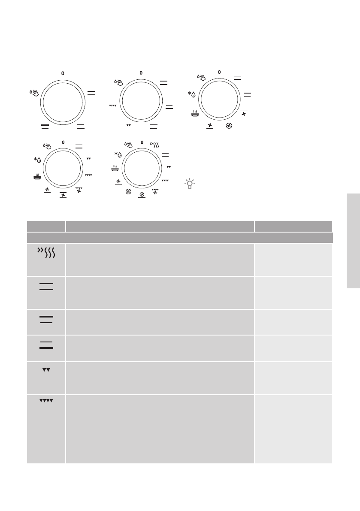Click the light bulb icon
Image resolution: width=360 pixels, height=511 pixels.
point(189,184)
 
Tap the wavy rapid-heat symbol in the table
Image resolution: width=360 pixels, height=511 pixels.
point(46,253)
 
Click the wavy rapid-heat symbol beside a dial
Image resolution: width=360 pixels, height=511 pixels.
point(154,144)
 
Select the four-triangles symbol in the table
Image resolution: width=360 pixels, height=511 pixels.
point(46,401)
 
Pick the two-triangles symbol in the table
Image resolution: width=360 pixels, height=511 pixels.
point(46,369)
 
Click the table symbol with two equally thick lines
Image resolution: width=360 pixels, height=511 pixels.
point(46,286)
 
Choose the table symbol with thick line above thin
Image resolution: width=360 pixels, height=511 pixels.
point(46,319)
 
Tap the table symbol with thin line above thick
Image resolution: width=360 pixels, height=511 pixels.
point(46,345)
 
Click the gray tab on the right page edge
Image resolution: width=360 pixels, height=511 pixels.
point(353,241)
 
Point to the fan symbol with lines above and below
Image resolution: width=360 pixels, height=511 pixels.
point(63,195)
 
